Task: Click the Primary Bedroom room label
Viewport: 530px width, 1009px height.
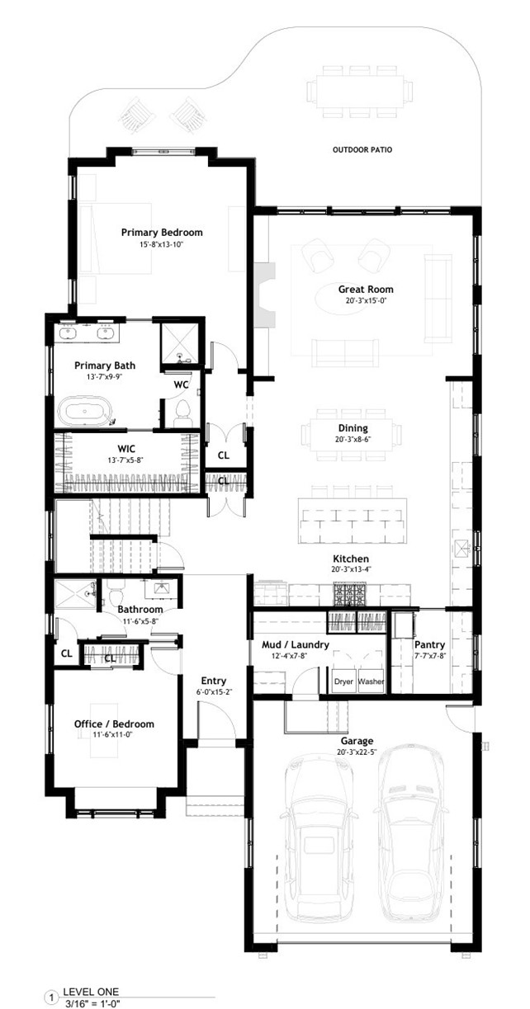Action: [162, 233]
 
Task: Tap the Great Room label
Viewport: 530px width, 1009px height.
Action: [365, 290]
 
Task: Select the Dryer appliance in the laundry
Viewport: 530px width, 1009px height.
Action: [343, 682]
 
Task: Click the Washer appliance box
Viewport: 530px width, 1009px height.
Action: [371, 682]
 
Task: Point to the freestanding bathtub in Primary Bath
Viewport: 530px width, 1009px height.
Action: [86, 412]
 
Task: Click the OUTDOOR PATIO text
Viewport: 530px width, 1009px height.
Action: [362, 150]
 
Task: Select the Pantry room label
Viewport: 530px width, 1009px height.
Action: [429, 645]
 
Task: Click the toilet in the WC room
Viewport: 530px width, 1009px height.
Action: [183, 411]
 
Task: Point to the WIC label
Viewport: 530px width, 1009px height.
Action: [126, 449]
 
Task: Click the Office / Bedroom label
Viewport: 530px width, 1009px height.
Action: [114, 724]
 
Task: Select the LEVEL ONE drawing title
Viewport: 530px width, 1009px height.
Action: [91, 992]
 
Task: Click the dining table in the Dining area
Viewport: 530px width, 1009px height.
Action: [353, 435]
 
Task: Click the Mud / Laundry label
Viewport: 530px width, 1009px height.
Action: [296, 645]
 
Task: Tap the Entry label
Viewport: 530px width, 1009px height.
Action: [213, 681]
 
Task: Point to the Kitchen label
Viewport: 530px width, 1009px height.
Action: [352, 559]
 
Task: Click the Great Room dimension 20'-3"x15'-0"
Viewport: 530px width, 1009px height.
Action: [365, 301]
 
